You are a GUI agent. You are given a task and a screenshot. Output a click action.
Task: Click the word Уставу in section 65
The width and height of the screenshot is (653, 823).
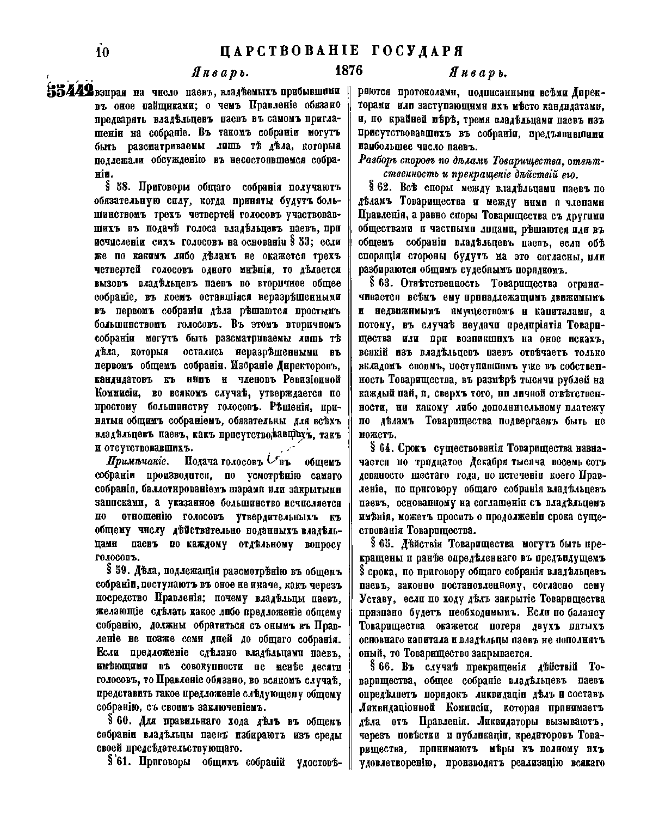376,599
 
